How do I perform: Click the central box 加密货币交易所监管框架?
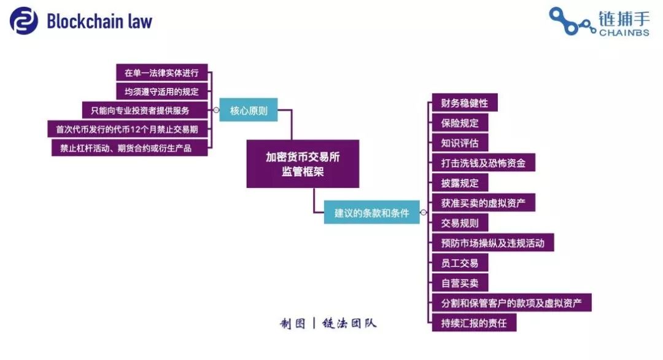tap(303, 163)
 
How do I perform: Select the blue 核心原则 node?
tap(249, 110)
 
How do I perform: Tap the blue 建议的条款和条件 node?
tap(371, 213)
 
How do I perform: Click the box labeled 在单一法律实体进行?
tap(162, 72)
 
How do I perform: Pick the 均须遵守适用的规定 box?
tap(162, 92)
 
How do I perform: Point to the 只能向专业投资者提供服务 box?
tap(145, 111)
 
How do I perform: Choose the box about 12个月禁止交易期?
tap(128, 129)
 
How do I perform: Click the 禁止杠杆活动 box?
tap(130, 147)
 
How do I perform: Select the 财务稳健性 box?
tap(465, 103)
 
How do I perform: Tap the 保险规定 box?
tap(460, 123)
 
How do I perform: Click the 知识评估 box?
tap(460, 143)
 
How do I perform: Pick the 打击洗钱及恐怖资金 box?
tap(484, 162)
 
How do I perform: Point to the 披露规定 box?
tap(460, 182)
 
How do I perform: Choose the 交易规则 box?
tap(460, 222)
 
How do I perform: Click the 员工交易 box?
tap(460, 263)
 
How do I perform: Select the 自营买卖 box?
tap(460, 283)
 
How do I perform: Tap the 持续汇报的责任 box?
tap(474, 323)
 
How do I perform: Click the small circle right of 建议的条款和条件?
tap(423, 213)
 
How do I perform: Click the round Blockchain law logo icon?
tap(24, 21)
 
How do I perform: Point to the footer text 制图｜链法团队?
tap(328, 324)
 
